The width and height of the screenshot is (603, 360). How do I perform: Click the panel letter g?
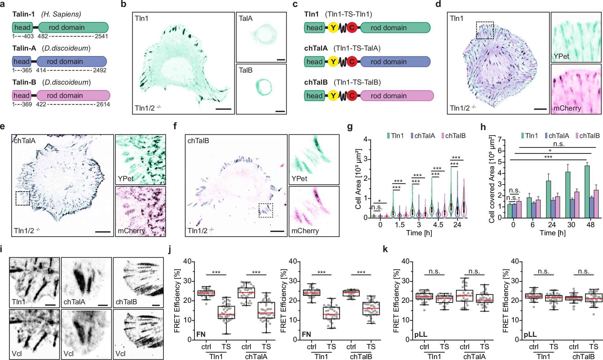pyautogui.click(x=350, y=127)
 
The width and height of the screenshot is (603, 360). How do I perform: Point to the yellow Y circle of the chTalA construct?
pyautogui.click(x=333, y=62)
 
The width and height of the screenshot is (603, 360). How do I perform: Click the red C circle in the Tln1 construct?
pyautogui.click(x=352, y=28)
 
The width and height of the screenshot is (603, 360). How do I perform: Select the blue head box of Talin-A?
pyautogui.click(x=22, y=61)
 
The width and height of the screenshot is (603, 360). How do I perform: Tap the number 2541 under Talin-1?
pyautogui.click(x=101, y=36)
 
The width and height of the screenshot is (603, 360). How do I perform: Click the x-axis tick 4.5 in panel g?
pyautogui.click(x=438, y=225)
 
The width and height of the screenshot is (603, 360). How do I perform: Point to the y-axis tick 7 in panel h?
pyautogui.click(x=500, y=140)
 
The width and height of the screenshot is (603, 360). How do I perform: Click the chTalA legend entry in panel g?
pyautogui.click(x=422, y=136)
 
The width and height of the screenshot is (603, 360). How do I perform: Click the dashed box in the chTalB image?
pyautogui.click(x=266, y=210)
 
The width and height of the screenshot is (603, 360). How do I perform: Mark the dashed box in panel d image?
pyautogui.click(x=485, y=30)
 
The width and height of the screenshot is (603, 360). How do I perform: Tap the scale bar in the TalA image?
pyautogui.click(x=281, y=60)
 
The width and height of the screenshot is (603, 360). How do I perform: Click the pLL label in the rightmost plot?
pyautogui.click(x=530, y=334)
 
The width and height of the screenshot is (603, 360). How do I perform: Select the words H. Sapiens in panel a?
pyautogui.click(x=61, y=14)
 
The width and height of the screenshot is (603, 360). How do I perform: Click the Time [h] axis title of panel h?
pyautogui.click(x=552, y=233)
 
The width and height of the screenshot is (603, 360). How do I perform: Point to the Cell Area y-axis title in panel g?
pyautogui.click(x=358, y=179)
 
